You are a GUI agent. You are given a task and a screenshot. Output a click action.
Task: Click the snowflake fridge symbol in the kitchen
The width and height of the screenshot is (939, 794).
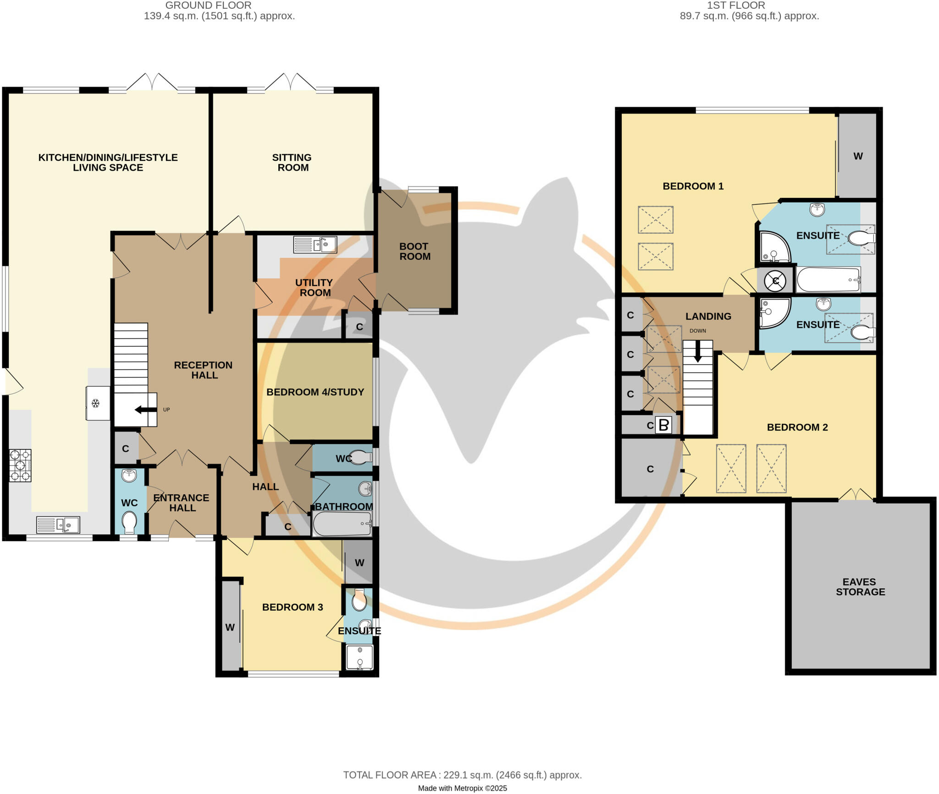tap(95, 404)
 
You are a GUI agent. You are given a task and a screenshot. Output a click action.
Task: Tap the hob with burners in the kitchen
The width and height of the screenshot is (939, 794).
tap(20, 465)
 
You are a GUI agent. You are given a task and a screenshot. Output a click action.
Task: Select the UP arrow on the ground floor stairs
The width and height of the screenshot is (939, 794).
tap(146, 410)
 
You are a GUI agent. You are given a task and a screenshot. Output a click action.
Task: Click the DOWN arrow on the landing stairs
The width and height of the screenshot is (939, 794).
tap(697, 352)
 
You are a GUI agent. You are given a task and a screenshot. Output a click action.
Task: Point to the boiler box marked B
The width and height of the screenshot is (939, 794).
tap(663, 425)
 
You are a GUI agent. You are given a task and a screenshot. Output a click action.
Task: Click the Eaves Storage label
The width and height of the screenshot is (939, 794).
tap(860, 586)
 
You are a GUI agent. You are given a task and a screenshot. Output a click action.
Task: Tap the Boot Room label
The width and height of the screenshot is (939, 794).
tap(414, 252)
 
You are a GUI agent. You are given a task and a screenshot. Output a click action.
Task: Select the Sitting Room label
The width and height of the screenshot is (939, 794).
tap(292, 163)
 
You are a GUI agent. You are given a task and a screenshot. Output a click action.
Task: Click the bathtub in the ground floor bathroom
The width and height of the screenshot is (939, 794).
tap(342, 524)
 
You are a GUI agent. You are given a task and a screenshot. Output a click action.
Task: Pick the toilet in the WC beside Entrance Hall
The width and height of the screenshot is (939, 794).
tap(129, 522)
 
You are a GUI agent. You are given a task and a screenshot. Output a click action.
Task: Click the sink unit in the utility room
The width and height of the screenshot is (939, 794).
tap(315, 244)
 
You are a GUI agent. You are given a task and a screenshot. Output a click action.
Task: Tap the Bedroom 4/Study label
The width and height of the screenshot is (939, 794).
tap(315, 392)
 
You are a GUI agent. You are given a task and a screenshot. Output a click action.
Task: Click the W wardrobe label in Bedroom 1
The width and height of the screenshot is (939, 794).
tap(858, 156)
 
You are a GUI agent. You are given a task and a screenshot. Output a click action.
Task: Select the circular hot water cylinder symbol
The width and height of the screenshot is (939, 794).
tap(775, 280)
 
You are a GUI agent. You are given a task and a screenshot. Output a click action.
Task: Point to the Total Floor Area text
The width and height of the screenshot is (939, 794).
tap(462, 775)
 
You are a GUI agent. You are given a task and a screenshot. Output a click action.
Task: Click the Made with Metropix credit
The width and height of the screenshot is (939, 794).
tap(462, 788)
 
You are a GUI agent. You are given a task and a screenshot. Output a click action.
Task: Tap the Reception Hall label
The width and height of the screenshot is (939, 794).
tap(203, 370)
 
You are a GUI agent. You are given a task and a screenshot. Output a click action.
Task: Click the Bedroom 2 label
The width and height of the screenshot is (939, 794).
tap(797, 427)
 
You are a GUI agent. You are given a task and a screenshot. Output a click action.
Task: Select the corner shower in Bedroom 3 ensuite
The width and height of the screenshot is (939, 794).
tap(359, 657)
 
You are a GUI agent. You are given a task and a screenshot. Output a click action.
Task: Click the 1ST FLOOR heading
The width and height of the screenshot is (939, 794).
tap(735, 5)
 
